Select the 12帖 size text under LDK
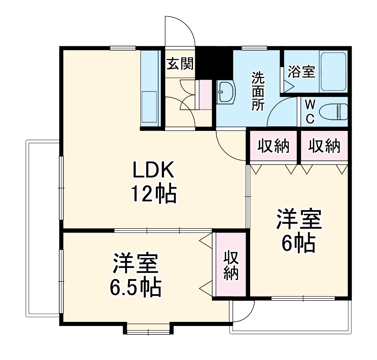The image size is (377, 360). click(x=154, y=193)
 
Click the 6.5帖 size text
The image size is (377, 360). click(x=135, y=286)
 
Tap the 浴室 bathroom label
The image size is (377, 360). click(x=302, y=71)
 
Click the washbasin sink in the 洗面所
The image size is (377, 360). click(x=226, y=92)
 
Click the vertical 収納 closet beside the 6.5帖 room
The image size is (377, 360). click(x=231, y=265)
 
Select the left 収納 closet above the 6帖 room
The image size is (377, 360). click(x=273, y=146)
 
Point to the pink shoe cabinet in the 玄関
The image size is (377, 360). click(x=205, y=94)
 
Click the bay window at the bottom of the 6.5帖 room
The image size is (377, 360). click(x=148, y=330)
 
